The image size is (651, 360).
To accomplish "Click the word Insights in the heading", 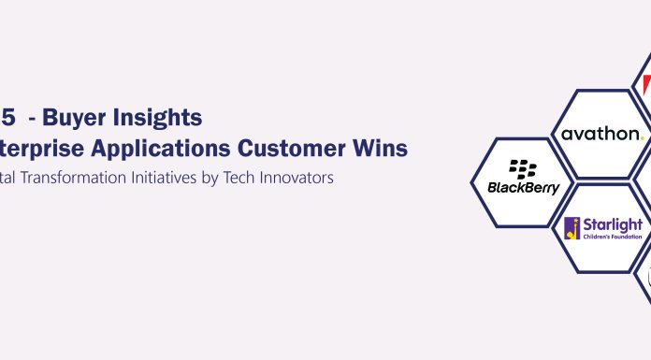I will [x=158, y=119].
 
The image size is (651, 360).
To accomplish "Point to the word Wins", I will [x=379, y=148].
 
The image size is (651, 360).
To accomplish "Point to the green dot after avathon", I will [x=642, y=137].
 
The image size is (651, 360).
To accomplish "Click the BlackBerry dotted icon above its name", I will [x=524, y=169].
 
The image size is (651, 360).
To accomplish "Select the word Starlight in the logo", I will [x=612, y=224].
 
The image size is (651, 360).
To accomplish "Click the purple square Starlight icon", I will [x=572, y=227].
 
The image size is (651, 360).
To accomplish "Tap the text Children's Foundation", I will [x=612, y=238].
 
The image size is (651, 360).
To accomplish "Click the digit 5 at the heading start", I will [x=6, y=119].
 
